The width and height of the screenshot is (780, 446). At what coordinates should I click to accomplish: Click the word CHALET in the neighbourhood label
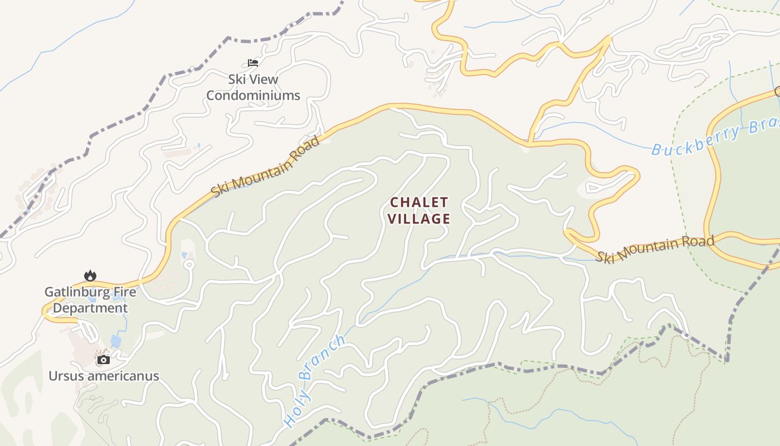419,202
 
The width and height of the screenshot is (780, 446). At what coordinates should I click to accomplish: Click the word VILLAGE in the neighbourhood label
419,219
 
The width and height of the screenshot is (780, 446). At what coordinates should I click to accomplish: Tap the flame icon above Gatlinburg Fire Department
90,275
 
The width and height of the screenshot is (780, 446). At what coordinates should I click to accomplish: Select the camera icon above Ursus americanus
104,360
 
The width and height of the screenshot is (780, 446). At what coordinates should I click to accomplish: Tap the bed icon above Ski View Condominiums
253,63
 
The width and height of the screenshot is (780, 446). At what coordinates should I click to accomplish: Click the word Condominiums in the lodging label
253,95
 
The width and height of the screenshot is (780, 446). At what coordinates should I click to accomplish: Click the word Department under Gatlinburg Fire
91,308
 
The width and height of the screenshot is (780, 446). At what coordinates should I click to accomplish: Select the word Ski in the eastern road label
604,257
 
